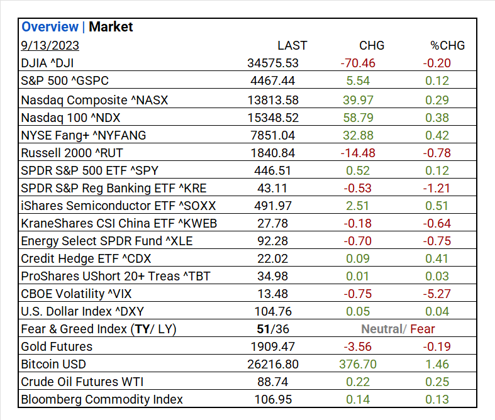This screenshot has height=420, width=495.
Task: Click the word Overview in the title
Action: coord(49,27)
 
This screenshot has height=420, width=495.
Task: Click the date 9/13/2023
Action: coord(50,45)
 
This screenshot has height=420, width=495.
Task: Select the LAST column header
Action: coord(292,45)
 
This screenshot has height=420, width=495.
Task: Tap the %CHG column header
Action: coord(447,45)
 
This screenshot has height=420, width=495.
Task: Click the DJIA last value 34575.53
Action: coord(273,63)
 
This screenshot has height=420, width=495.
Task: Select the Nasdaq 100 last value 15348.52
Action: coord(273,117)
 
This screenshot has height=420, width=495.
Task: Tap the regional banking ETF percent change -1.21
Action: coord(437,188)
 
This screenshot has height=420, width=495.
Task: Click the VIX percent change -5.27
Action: coord(437,294)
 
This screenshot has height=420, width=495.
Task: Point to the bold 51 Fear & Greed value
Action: coord(264,329)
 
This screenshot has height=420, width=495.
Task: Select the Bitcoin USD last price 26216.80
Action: coord(273,364)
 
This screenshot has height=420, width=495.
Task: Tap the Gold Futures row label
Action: coord(57,346)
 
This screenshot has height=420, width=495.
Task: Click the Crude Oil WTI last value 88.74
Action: coord(273,382)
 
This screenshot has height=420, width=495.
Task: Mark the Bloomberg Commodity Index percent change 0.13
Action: coord(437,399)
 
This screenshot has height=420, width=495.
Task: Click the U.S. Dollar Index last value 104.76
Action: coord(273,311)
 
